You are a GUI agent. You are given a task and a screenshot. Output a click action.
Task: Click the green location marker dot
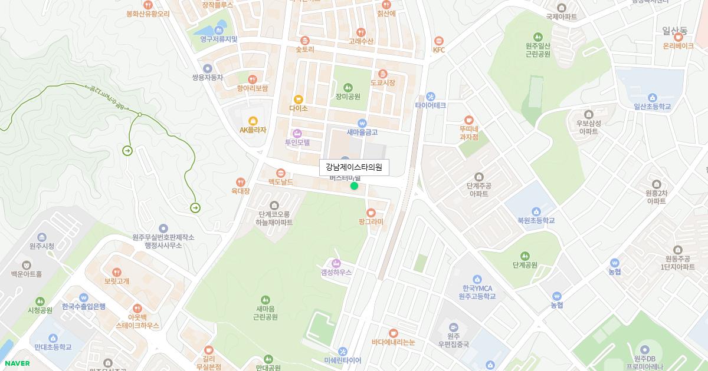point(354,186)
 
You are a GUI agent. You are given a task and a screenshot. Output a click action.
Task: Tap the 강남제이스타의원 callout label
point(354,167)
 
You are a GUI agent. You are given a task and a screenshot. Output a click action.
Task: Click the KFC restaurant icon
point(438,41)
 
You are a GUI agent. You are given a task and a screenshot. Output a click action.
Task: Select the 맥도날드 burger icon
point(280,173)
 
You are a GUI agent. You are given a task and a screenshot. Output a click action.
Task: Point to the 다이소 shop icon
point(299,100)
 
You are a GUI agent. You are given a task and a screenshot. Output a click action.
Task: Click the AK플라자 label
point(253,130)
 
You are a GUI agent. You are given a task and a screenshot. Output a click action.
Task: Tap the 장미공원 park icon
point(348,87)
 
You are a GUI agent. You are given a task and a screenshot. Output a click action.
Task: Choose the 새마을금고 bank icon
point(362,123)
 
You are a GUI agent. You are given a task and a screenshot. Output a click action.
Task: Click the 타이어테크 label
point(430,106)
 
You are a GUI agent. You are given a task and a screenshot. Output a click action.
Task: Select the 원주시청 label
point(41,246)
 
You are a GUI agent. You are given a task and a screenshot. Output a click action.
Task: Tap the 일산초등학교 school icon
point(652,97)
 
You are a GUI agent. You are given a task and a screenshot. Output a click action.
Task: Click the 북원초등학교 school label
point(536,221)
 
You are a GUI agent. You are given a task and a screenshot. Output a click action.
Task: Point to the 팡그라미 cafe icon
point(371,213)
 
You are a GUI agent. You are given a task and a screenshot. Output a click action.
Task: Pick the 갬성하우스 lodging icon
point(336,263)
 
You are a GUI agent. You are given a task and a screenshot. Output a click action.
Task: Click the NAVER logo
point(17,363)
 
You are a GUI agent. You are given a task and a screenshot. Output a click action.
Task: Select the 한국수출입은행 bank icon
point(83,297)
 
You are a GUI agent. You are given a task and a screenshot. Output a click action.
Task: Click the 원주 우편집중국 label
point(453,340)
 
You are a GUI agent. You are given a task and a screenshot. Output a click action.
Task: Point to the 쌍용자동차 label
point(207,77)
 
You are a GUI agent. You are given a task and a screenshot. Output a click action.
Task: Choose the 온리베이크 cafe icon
point(678,36)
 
